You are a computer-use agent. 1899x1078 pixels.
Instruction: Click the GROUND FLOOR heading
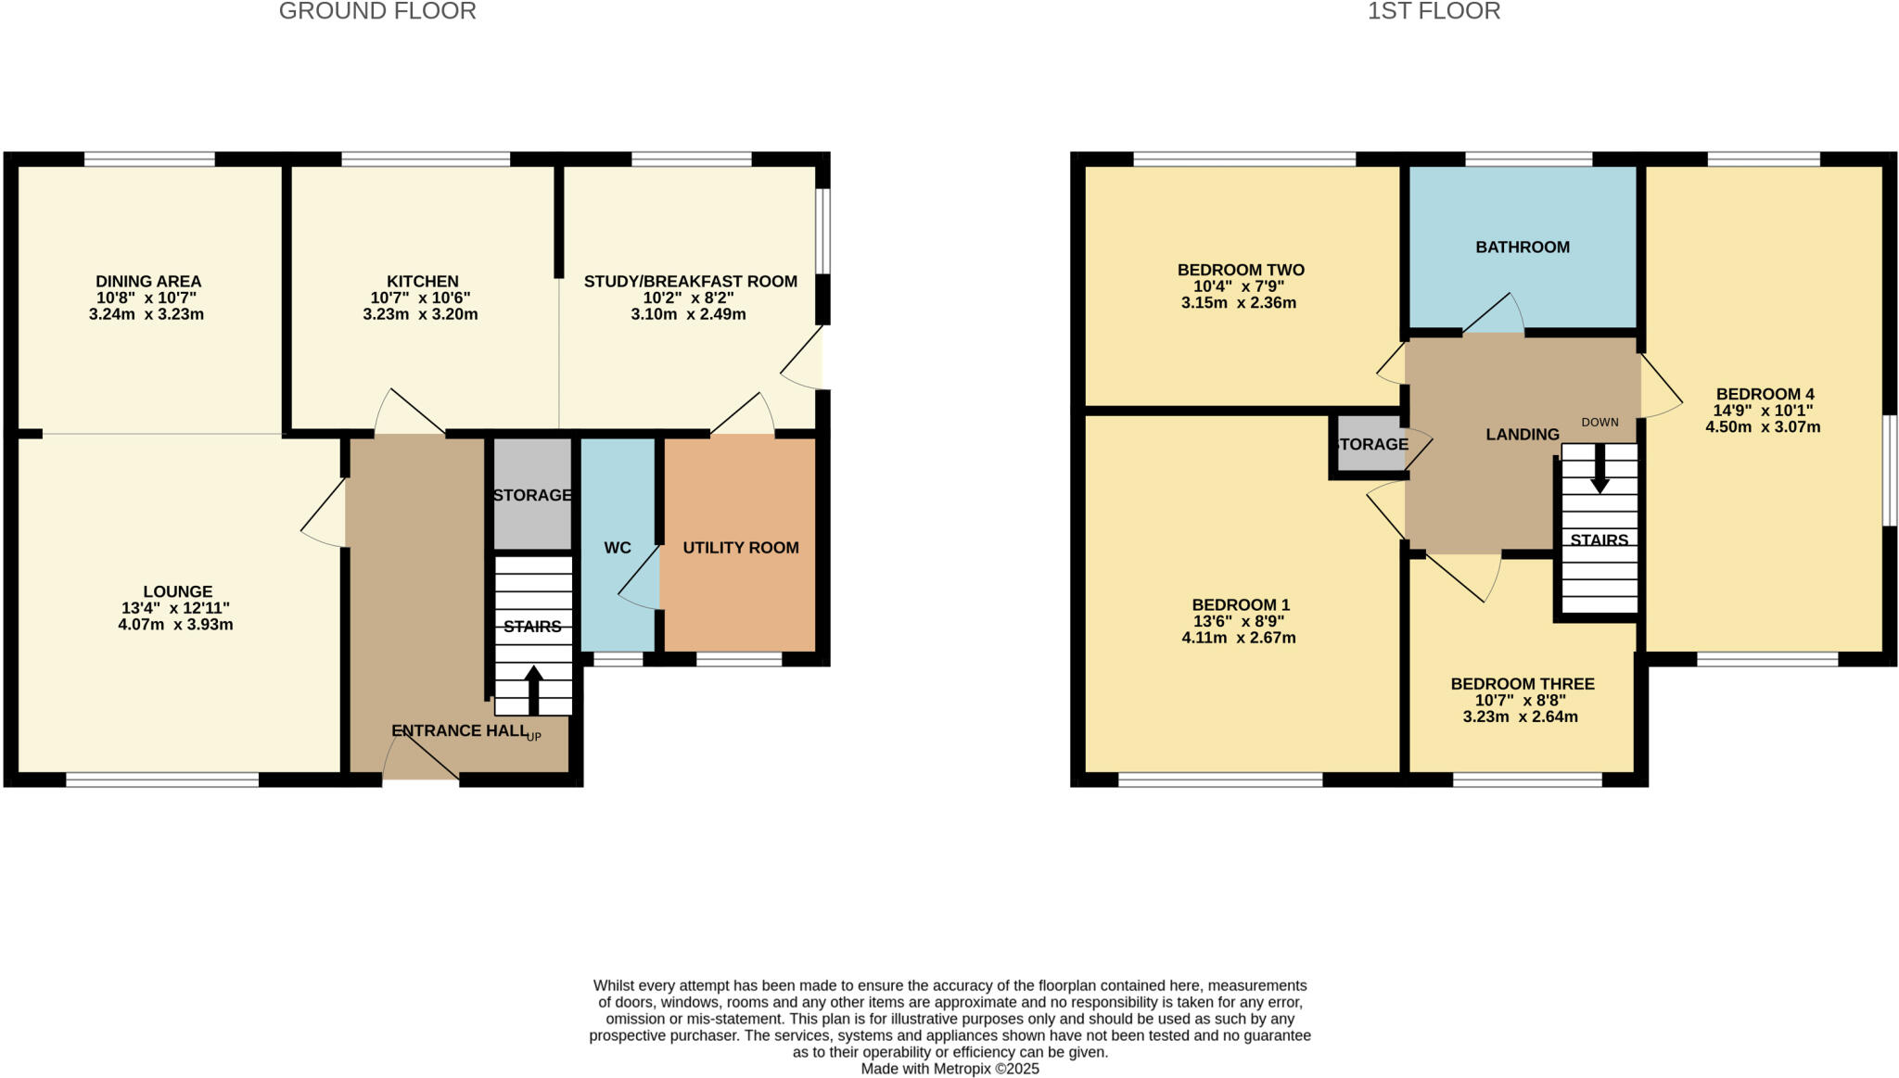coord(377,12)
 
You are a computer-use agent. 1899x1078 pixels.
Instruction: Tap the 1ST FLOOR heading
coord(1434,12)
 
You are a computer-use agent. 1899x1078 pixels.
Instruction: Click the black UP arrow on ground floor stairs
coord(534,689)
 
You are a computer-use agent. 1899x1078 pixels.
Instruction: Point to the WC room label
coord(618,548)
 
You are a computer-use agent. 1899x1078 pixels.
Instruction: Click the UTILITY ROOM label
coord(741,548)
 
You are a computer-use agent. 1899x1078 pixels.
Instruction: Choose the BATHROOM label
coord(1523,247)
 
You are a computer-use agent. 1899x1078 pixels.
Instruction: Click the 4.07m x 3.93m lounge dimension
coord(175,625)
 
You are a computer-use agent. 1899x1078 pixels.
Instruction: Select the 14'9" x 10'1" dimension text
coord(1763,411)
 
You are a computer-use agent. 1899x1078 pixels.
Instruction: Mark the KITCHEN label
coord(423,282)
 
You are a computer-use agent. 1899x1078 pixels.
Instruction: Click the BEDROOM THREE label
coord(1523,684)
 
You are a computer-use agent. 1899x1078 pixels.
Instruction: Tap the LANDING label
coord(1523,435)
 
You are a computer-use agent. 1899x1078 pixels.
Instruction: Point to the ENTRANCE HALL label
coord(459,731)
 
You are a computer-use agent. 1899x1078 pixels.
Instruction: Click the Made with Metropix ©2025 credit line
coord(949,1069)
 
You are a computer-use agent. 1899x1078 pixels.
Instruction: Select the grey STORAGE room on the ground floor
coord(532,495)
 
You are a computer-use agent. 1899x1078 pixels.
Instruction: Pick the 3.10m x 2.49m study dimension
coord(688,314)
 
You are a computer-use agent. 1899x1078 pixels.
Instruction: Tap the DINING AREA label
coord(148,282)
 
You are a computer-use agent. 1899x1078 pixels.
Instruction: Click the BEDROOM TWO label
coord(1241,271)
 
